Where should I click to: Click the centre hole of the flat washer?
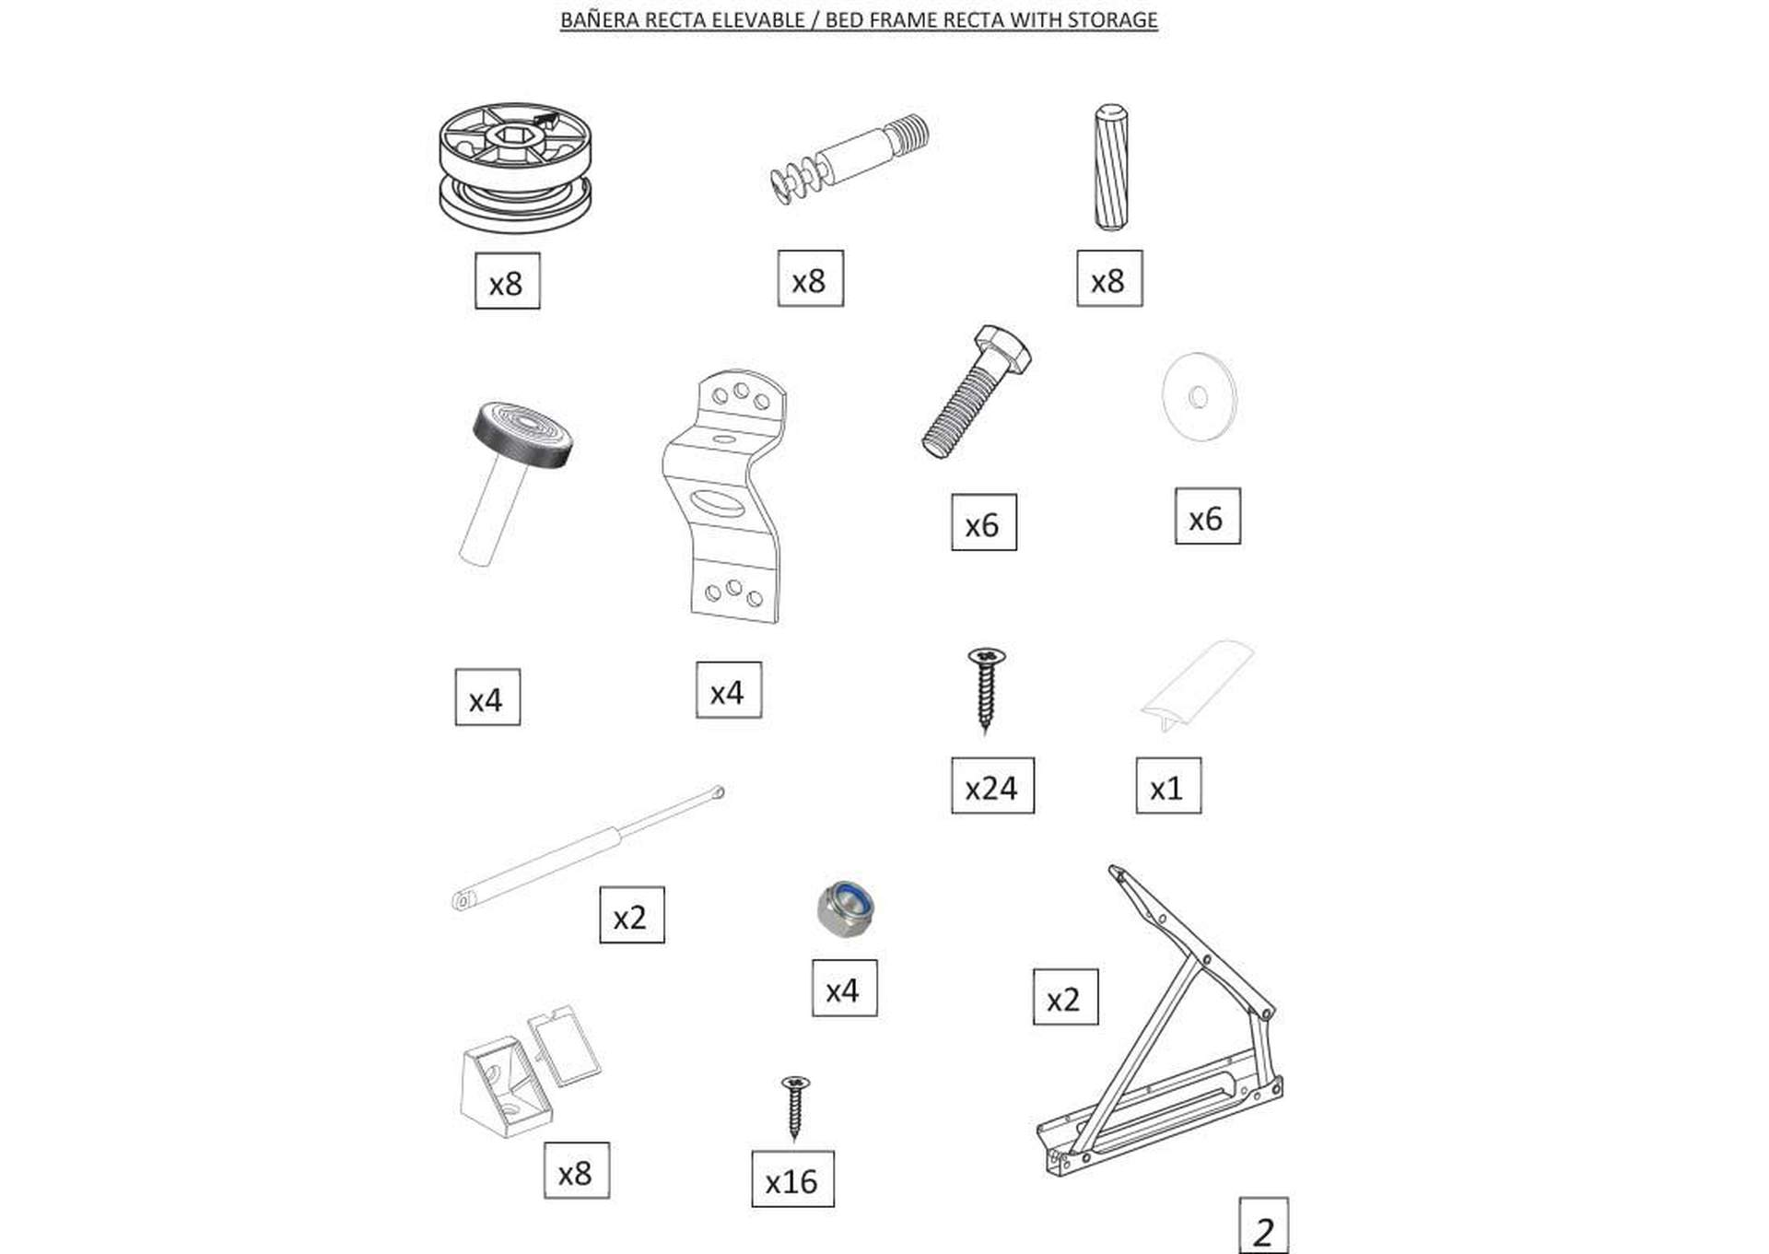coord(1199,397)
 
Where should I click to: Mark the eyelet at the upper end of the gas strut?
coord(718,792)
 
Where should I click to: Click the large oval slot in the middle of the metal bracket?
coord(721,505)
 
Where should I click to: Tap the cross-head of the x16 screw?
coord(795,1084)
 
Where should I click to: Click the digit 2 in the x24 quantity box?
coord(990,788)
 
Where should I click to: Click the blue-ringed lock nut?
coord(846,909)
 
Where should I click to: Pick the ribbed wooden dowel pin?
coord(1111,167)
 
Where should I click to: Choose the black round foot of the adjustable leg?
coord(522,434)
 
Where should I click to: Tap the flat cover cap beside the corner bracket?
coord(564,1046)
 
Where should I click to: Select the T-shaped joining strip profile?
coord(1198,683)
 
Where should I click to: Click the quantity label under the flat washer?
coord(1207,517)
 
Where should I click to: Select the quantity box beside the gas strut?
coord(632,915)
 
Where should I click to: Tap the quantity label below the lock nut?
coord(844,989)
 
